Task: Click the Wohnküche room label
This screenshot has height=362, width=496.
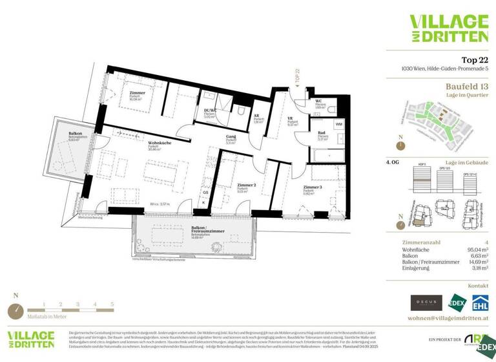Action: [160, 143]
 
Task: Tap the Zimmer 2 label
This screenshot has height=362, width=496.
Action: [246, 184]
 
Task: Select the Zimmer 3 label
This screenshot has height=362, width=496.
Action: [312, 187]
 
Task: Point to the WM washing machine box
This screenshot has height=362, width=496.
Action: [338, 123]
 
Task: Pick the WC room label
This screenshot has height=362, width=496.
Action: [319, 101]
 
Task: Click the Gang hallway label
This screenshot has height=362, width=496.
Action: [230, 137]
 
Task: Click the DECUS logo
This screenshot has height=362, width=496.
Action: [426, 302]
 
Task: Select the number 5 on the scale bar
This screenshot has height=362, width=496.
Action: [111, 303]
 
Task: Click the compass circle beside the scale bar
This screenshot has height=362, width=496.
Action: [15, 311]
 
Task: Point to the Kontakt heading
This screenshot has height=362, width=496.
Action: [478, 284]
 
